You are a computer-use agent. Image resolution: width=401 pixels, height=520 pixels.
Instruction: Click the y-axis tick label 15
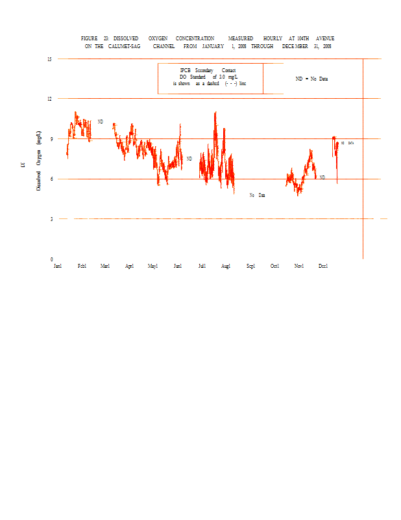point(49,59)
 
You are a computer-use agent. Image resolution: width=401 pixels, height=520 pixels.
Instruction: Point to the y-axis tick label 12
point(49,99)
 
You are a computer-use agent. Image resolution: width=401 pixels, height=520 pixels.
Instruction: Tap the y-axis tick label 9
point(51,139)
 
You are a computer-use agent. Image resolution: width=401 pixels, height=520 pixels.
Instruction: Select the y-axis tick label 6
point(51,179)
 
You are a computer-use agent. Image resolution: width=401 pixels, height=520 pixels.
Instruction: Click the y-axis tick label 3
point(51,219)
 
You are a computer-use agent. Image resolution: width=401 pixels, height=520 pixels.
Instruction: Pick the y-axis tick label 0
point(51,259)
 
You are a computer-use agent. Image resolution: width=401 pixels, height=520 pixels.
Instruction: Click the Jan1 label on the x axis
point(58,266)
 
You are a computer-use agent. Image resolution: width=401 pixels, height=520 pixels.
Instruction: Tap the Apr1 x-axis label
point(129,266)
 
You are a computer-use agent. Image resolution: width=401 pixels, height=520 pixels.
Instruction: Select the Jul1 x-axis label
point(202,266)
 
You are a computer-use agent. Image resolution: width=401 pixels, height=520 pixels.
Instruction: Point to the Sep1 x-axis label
point(250,266)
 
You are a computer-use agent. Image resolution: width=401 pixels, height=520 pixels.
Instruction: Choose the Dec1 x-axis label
point(323,266)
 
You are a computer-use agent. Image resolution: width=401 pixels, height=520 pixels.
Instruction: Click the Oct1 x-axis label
point(275,266)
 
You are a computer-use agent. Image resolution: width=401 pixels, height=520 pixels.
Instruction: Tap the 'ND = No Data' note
point(311,79)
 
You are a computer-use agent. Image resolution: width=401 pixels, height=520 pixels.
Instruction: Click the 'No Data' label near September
point(258,195)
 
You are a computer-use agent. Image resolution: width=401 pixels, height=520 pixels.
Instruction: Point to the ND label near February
point(101,122)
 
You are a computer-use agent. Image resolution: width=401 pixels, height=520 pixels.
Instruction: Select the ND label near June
point(189,159)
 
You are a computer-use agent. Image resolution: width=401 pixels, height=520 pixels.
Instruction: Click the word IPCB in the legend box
point(186,70)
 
